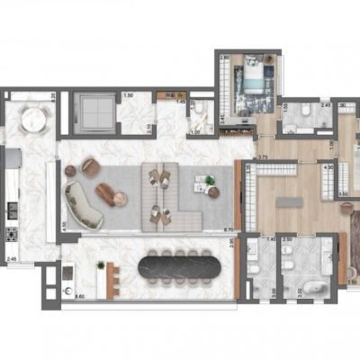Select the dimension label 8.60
coord(79,295)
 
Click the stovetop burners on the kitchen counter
coord(12,235)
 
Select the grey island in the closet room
coord(292,198)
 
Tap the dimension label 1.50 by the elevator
coord(129,95)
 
